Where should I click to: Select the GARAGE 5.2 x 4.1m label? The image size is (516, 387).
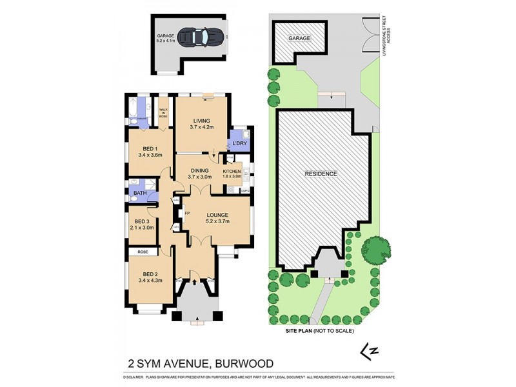point(166,38)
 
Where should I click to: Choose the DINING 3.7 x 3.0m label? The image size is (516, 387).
point(200,174)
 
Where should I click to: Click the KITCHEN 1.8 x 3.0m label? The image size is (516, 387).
point(232,174)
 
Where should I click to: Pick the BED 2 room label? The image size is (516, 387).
point(150,277)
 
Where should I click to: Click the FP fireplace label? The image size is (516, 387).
point(187,212)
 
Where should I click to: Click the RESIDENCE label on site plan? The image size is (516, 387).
point(321,174)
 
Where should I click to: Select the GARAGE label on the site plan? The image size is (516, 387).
point(299,39)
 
